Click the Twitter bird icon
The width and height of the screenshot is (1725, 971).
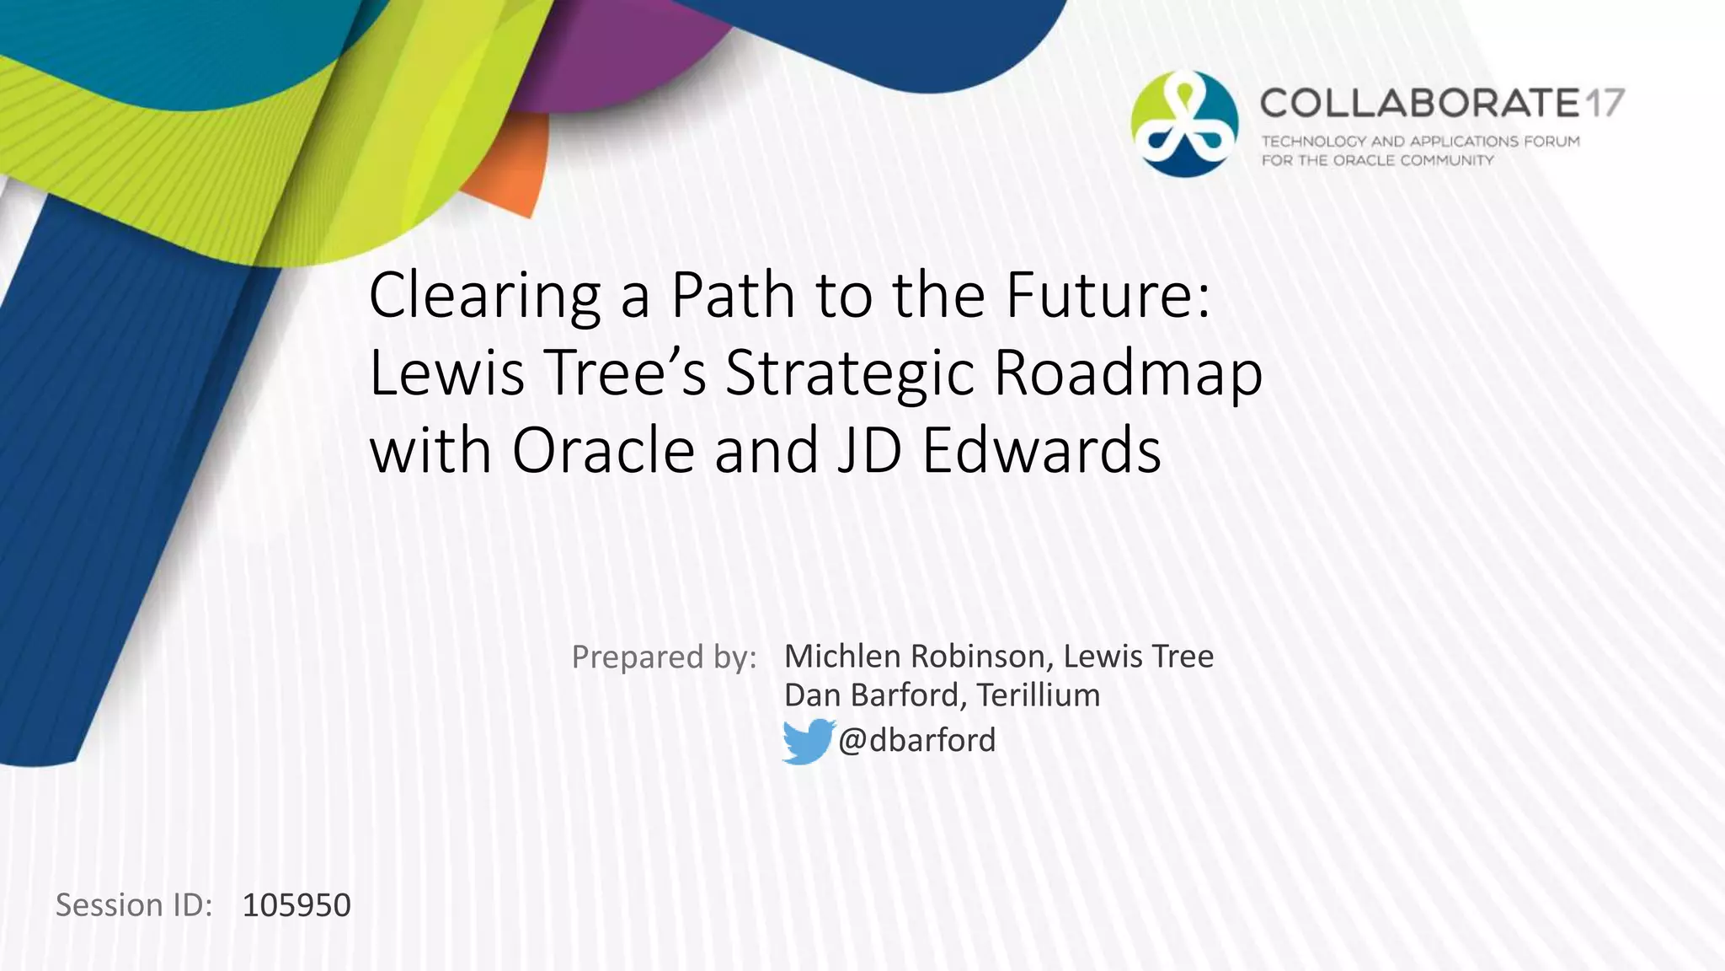[x=808, y=741]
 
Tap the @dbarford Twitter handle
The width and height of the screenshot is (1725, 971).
[x=916, y=740]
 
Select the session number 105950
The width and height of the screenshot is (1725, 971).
[x=296, y=905]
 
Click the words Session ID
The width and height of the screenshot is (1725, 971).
[x=133, y=905]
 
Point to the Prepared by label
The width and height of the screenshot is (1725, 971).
[x=664, y=657]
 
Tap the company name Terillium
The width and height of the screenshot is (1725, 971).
[x=1039, y=695]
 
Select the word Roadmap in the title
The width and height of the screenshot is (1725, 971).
[x=1129, y=373]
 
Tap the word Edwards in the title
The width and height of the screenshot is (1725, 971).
[x=1042, y=450]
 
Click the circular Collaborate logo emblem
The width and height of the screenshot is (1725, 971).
[x=1184, y=124]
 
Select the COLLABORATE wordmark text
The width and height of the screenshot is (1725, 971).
[x=1419, y=104]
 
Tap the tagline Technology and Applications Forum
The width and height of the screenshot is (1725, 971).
[x=1420, y=141]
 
